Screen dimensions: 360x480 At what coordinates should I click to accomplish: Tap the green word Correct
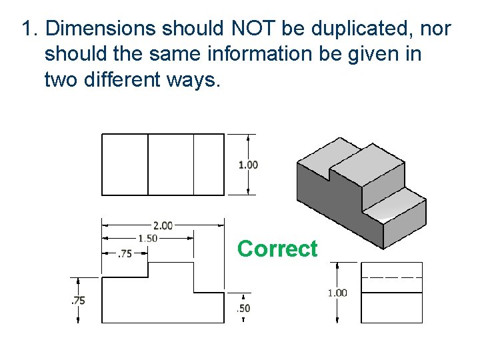[277, 249]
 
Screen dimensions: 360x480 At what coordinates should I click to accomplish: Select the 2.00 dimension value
[163, 225]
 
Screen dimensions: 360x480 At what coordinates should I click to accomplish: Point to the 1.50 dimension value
[147, 239]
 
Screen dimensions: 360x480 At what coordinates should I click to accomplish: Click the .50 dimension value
[243, 308]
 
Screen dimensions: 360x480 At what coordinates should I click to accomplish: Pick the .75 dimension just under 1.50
[125, 253]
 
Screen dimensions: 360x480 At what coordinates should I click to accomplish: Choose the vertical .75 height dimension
[78, 301]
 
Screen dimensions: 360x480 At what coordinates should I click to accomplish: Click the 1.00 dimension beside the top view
[248, 165]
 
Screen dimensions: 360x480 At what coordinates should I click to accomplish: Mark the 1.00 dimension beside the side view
[337, 293]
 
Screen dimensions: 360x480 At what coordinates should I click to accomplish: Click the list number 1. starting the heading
[30, 29]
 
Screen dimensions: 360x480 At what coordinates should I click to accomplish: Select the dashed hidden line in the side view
[391, 276]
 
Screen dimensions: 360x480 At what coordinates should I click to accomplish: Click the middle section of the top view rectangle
[171, 165]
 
